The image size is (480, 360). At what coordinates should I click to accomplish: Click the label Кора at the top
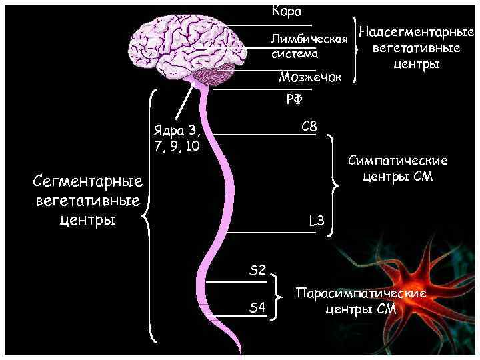[287, 12]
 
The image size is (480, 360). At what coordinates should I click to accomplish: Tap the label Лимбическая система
[309, 46]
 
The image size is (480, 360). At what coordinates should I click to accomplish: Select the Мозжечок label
[309, 78]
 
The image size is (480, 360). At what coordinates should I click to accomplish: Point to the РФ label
[294, 100]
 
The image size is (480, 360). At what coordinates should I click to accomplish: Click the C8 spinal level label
[309, 126]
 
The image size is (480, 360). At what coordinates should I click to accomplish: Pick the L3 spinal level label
[316, 221]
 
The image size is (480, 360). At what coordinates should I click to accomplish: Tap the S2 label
[257, 270]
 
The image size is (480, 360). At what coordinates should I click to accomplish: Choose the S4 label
[257, 307]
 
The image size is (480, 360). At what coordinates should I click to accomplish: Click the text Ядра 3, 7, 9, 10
[176, 137]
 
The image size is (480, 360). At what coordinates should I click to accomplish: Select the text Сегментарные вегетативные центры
[89, 200]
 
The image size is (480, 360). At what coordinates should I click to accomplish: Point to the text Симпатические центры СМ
[398, 169]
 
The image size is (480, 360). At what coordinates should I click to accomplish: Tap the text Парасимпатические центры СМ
[361, 301]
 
